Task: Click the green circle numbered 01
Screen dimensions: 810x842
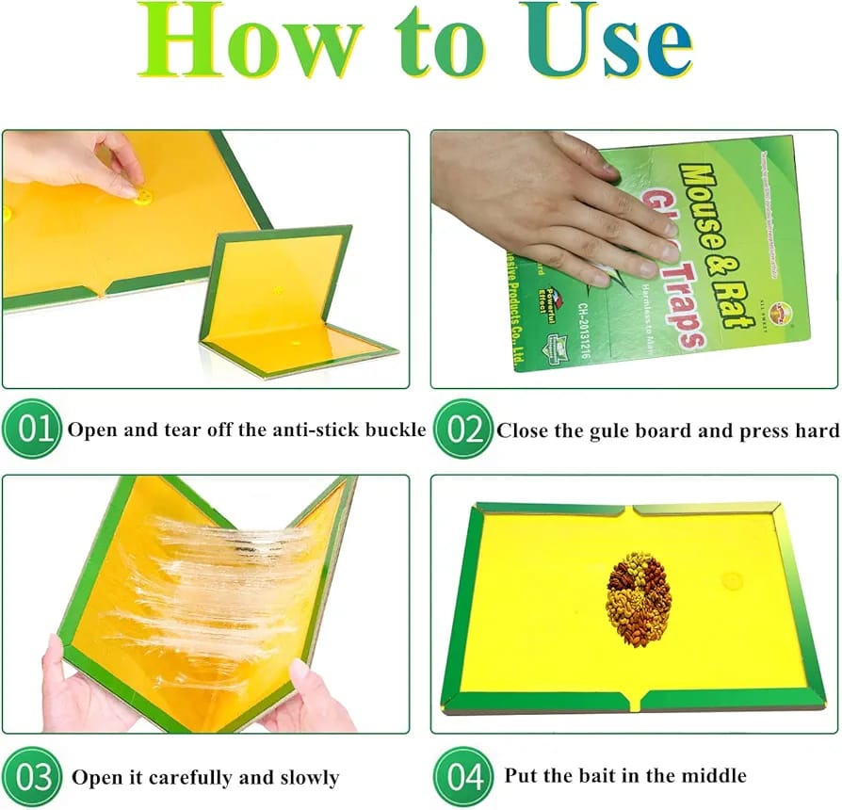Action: (35, 429)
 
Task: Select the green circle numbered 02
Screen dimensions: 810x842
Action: (463, 429)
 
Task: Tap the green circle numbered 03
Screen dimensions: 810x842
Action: (35, 778)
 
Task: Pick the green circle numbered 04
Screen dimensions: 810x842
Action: (463, 778)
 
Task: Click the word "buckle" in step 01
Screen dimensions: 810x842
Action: (394, 431)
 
